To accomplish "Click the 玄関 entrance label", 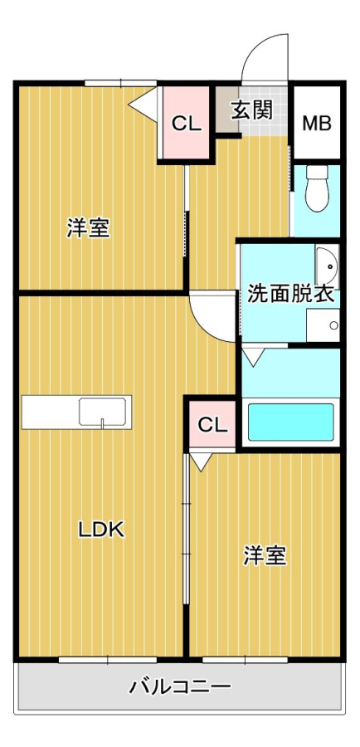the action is pyautogui.click(x=252, y=110).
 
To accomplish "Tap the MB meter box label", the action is pyautogui.click(x=317, y=124).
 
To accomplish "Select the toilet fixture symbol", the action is pyautogui.click(x=317, y=188).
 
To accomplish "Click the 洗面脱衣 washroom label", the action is pyautogui.click(x=290, y=295).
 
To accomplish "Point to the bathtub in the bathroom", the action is pyautogui.click(x=290, y=422).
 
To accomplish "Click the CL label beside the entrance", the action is pyautogui.click(x=187, y=124).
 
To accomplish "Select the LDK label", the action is pyautogui.click(x=101, y=529).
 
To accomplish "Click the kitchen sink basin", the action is pyautogui.click(x=102, y=412).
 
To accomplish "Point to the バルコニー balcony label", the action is pyautogui.click(x=180, y=686).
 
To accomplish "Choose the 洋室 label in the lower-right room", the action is pyautogui.click(x=265, y=555).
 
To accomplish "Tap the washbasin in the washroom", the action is pyautogui.click(x=327, y=266).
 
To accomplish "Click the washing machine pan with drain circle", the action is pyautogui.click(x=323, y=325).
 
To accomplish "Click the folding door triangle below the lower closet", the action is pyautogui.click(x=202, y=461).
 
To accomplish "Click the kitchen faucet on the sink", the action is pyautogui.click(x=102, y=423).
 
